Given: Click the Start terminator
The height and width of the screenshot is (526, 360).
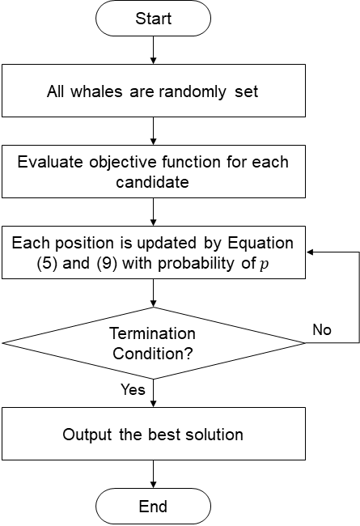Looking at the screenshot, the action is tap(154, 19).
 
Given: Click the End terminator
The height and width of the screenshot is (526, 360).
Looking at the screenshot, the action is tap(154, 507).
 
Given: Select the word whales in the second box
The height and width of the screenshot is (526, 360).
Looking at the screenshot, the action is tap(96, 91).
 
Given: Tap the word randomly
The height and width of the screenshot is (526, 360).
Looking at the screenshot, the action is tap(193, 92).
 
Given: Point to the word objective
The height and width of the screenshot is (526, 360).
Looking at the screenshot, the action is tap(124, 163).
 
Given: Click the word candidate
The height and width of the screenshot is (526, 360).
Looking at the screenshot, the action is tap(153, 182).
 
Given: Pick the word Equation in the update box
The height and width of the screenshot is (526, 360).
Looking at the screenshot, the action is tap(260, 244).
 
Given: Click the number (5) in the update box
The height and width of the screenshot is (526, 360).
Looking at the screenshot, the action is tap(47, 263).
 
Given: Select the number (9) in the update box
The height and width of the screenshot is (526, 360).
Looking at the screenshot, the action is tap(107, 263).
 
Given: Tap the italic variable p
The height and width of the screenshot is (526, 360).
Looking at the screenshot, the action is tap(265, 265).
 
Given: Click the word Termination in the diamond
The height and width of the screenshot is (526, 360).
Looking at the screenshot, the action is tap(152, 333).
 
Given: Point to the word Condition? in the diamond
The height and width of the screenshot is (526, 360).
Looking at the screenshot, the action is tap(153, 354).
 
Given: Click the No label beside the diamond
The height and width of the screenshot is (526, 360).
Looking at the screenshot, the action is tap(322, 329).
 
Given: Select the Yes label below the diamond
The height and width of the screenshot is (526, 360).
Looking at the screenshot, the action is tap(133, 389).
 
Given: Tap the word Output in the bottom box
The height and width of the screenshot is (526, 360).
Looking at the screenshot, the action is tap(87, 435).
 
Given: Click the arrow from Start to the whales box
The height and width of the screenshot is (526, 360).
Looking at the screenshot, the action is tap(154, 50).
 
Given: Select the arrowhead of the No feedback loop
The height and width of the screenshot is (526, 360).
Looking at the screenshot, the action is tap(310, 252).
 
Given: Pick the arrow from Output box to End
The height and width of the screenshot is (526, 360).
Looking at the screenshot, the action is tap(154, 474).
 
